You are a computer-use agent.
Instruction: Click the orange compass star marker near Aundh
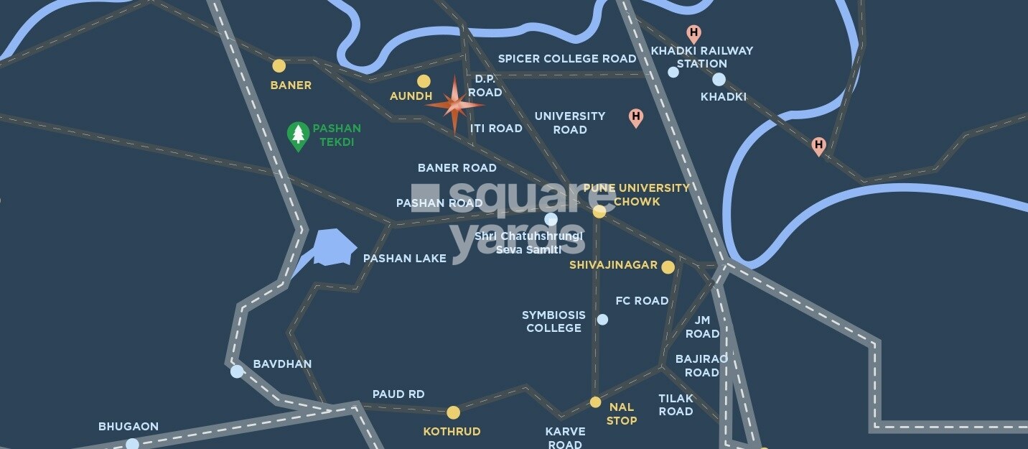tap(454, 105)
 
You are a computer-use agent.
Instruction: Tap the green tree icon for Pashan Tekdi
tap(298, 135)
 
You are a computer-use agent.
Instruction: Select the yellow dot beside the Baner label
tap(279, 66)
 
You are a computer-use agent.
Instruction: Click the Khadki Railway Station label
tap(701, 57)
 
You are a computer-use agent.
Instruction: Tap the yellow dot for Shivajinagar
tap(668, 267)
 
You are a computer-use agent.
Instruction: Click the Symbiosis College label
tap(553, 321)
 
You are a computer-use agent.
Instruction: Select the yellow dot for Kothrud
tap(453, 412)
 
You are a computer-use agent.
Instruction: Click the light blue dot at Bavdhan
tap(237, 371)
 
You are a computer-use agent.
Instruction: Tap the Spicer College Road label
tap(567, 58)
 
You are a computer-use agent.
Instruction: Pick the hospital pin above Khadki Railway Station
tap(693, 33)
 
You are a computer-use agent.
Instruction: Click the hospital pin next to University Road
tap(635, 117)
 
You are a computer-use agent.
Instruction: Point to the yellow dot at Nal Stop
tap(595, 402)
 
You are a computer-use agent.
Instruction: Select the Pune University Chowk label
tap(636, 195)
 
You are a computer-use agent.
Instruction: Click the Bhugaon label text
tap(128, 427)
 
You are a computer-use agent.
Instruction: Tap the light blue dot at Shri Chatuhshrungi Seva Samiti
tap(551, 219)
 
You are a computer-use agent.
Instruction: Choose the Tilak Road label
tap(676, 404)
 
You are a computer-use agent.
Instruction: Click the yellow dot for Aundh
tap(424, 81)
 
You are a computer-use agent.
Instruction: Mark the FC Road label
tap(642, 301)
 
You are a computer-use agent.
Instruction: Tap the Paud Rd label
tap(398, 394)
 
